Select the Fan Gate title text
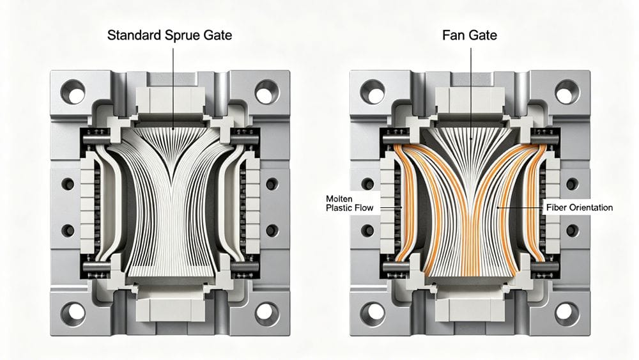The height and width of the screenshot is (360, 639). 470,35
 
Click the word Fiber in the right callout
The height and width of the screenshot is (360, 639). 555,208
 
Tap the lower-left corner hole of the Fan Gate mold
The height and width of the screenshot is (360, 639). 373,313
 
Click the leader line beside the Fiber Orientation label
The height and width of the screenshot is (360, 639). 521,208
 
